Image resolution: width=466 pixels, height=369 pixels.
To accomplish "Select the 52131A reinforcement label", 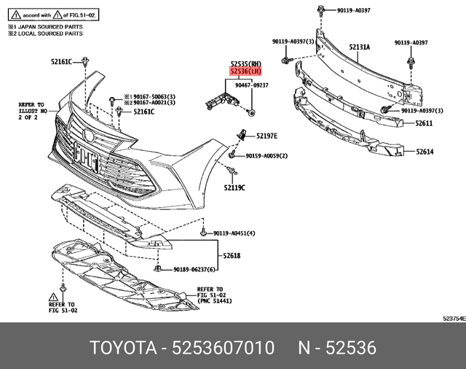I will coord(359,47).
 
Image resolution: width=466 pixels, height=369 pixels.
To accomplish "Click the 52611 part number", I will coord(424,125).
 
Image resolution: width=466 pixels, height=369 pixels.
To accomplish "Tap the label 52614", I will coord(424,152).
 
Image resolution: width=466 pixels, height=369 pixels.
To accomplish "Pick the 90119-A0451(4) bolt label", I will coord(234,233).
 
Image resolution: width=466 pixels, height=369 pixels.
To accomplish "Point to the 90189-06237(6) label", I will coord(194,269).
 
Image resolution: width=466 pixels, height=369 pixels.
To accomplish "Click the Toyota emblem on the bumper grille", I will coord(87,133).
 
